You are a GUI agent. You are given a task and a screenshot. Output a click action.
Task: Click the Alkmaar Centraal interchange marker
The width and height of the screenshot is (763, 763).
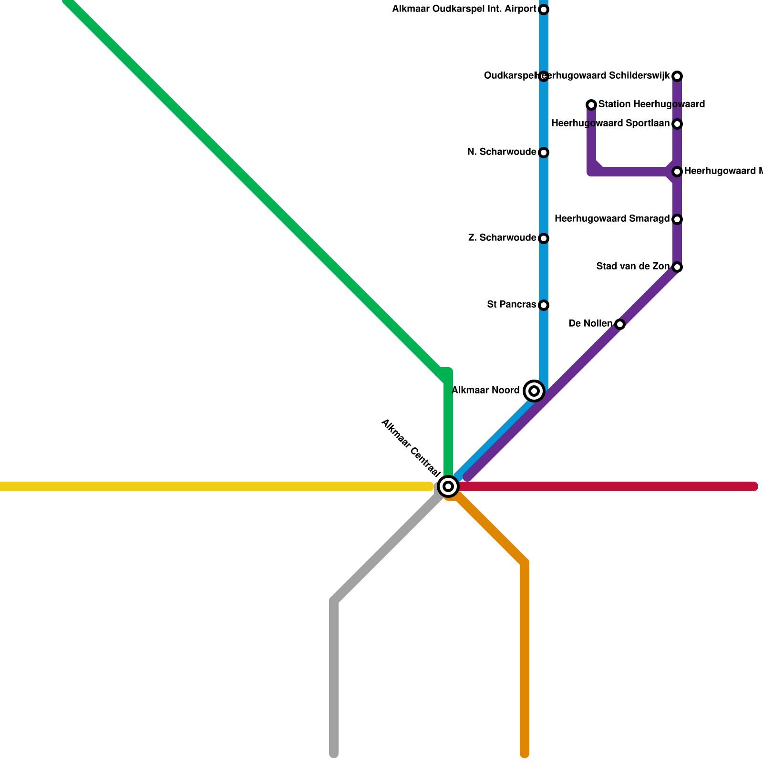coord(448,486)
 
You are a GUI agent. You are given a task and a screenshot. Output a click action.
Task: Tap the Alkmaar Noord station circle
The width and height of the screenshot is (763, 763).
coord(534,391)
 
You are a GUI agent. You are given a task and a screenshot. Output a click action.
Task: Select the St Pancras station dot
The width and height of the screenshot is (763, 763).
coord(544,305)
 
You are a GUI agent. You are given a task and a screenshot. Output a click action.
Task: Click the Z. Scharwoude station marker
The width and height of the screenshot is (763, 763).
coord(544,238)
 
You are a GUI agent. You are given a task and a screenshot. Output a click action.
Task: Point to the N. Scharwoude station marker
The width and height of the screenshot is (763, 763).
coord(544,153)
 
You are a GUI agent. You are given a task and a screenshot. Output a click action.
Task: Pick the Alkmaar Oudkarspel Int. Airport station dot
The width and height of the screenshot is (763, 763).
coord(544,10)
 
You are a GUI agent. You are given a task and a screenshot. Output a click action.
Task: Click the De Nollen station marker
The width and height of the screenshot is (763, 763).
coord(620,324)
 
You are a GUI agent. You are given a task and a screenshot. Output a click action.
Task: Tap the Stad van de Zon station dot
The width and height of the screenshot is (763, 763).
coord(677,267)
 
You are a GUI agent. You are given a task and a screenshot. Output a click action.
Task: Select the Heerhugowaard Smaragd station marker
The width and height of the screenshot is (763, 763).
coord(677,219)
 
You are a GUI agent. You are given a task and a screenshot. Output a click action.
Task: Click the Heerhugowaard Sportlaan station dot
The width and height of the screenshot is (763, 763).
coord(677,124)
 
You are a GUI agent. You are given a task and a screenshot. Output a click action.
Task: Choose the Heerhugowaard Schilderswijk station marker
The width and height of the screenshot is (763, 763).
coord(677,76)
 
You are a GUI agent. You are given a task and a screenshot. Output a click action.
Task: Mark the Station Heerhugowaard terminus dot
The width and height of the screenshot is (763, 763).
coord(591,105)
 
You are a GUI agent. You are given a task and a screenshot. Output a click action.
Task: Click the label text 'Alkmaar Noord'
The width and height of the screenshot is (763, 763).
coord(485,391)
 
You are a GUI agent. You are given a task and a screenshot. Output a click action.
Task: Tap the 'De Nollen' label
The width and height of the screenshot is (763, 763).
coord(590,324)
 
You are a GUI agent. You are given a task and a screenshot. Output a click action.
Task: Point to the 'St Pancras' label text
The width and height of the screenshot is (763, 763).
coord(511,305)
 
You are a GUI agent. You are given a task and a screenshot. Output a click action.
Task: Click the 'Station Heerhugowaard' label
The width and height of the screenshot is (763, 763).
coord(651,104)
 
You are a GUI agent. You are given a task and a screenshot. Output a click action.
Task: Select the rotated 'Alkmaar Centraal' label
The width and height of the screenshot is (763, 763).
coord(411,448)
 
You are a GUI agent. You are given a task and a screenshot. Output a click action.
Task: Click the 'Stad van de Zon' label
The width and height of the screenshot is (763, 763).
coord(633,267)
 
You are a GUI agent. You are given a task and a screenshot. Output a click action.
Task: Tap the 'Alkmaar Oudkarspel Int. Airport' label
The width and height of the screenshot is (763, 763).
coord(464,9)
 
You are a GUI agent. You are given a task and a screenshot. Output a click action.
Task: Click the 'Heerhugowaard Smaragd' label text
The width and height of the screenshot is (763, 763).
coord(612,219)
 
